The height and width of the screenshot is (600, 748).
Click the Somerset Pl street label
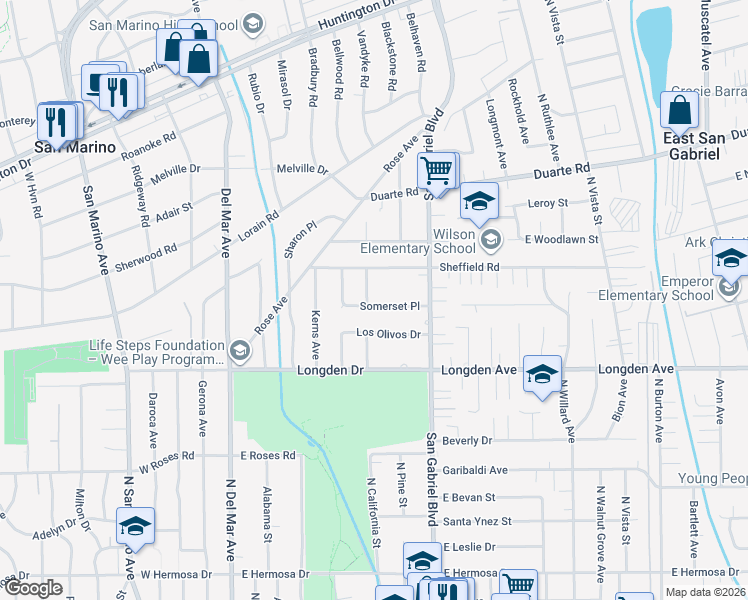(393, 305)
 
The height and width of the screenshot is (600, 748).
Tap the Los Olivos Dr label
(390, 334)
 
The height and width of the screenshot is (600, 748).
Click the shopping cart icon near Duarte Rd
(436, 170)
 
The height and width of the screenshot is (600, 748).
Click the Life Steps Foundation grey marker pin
(239, 350)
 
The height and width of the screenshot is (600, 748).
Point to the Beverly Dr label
(468, 440)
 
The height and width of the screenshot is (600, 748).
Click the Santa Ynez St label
(477, 521)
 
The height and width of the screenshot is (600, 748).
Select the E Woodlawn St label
(562, 239)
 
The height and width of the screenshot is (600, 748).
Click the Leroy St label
(547, 203)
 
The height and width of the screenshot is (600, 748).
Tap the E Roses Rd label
(268, 455)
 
